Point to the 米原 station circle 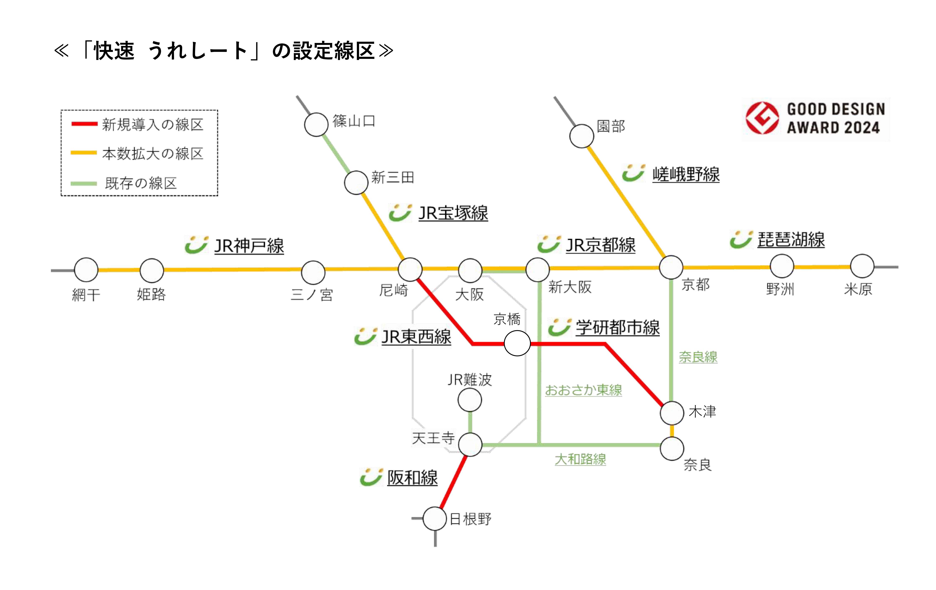[x=862, y=266]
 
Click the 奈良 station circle [x=672, y=449]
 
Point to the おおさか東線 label [x=583, y=390]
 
